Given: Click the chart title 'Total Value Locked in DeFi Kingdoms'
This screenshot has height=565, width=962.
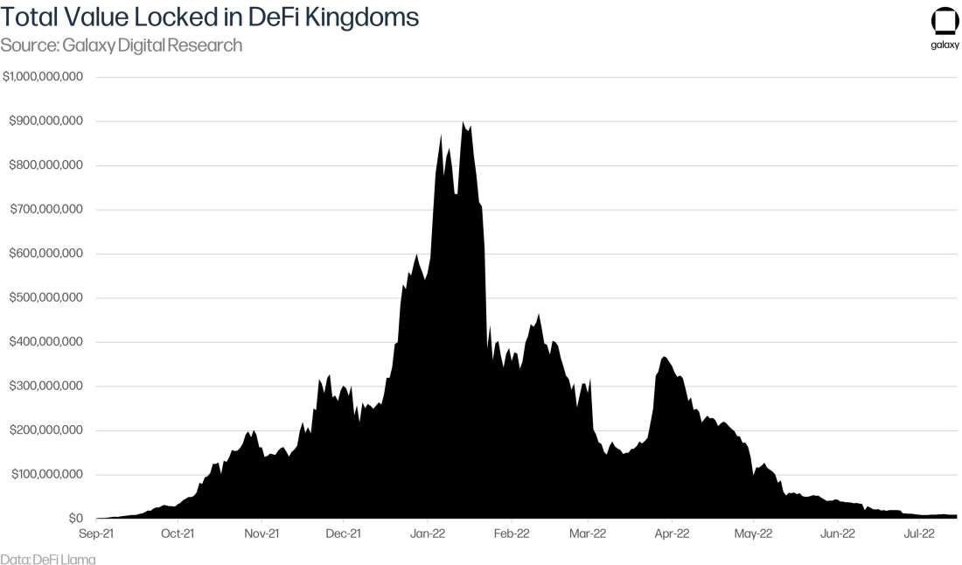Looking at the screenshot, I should click(210, 17).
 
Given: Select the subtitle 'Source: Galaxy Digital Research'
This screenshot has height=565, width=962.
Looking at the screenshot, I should click(122, 45).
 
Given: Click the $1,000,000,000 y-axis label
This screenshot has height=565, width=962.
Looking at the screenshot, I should click(43, 77).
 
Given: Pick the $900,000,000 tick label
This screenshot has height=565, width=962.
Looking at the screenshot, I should click(46, 121).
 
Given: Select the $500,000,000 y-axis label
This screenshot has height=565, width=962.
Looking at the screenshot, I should click(46, 298).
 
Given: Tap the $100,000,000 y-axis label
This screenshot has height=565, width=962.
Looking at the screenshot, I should click(46, 475).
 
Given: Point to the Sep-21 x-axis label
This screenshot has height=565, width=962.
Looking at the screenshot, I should click(96, 533).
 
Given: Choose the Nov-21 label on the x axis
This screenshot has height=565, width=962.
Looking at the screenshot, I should click(261, 533).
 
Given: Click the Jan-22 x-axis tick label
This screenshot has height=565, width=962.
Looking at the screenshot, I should click(429, 533).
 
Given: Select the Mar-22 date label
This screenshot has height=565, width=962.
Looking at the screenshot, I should click(588, 533).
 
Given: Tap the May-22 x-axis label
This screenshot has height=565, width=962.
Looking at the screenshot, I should click(754, 533).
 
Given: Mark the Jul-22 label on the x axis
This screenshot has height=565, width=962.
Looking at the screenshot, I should click(921, 533).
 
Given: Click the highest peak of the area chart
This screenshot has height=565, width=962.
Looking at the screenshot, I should click(463, 123).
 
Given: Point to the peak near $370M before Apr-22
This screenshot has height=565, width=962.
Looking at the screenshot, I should click(665, 358).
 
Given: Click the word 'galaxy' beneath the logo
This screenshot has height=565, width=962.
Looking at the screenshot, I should click(944, 46).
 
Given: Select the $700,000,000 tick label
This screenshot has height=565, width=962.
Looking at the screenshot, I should click(46, 210).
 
